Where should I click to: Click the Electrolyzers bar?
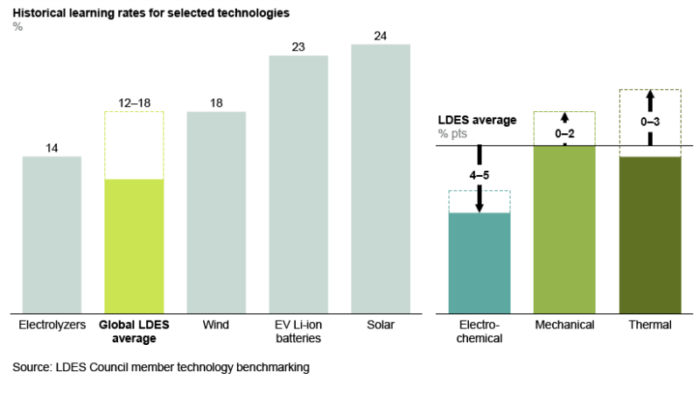click(52, 234)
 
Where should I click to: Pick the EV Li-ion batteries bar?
click(298, 183)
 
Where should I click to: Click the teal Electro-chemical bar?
click(479, 263)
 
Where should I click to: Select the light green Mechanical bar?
click(564, 229)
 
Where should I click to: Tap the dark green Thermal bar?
click(649, 234)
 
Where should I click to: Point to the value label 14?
click(52, 148)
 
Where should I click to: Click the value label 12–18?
click(134, 103)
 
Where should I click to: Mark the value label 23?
click(298, 47)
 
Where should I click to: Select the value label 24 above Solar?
click(381, 36)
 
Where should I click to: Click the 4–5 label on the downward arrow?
click(479, 176)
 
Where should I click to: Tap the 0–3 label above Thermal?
click(649, 123)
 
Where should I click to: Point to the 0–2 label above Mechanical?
click(564, 133)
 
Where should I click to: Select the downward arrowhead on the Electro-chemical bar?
click(479, 207)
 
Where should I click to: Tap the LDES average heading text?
click(477, 120)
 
